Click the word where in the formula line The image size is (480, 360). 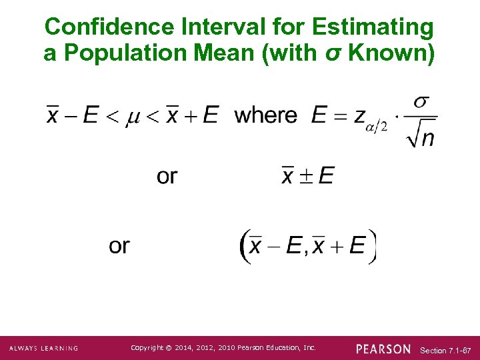point(266,115)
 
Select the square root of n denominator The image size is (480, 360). point(419,136)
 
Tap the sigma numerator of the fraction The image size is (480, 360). point(421,101)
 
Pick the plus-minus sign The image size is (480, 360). point(307,176)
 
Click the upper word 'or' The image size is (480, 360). point(167,176)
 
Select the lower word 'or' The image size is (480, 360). point(119,246)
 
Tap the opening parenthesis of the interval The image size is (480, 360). point(244,247)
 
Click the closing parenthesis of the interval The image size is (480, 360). point(372,247)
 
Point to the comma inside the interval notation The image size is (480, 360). point(305,253)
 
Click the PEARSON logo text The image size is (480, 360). point(383,349)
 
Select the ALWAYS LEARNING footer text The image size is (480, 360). point(43,349)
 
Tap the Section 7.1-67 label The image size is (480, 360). point(446,350)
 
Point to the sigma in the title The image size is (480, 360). point(339,53)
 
